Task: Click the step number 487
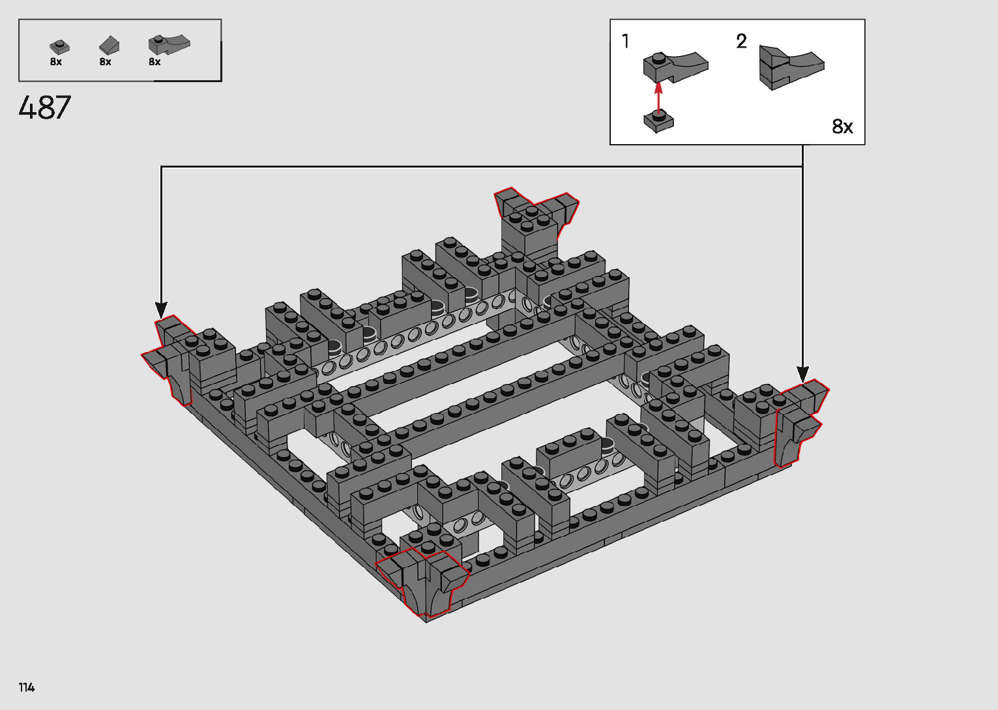44,108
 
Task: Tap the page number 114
27,687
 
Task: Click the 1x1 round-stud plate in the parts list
59,47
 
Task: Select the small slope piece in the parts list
109,46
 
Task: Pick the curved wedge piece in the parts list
169,44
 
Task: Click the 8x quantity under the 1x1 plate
55,61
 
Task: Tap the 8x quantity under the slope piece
105,61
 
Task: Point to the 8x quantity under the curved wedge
154,61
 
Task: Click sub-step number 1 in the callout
626,41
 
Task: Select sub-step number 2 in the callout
741,42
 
